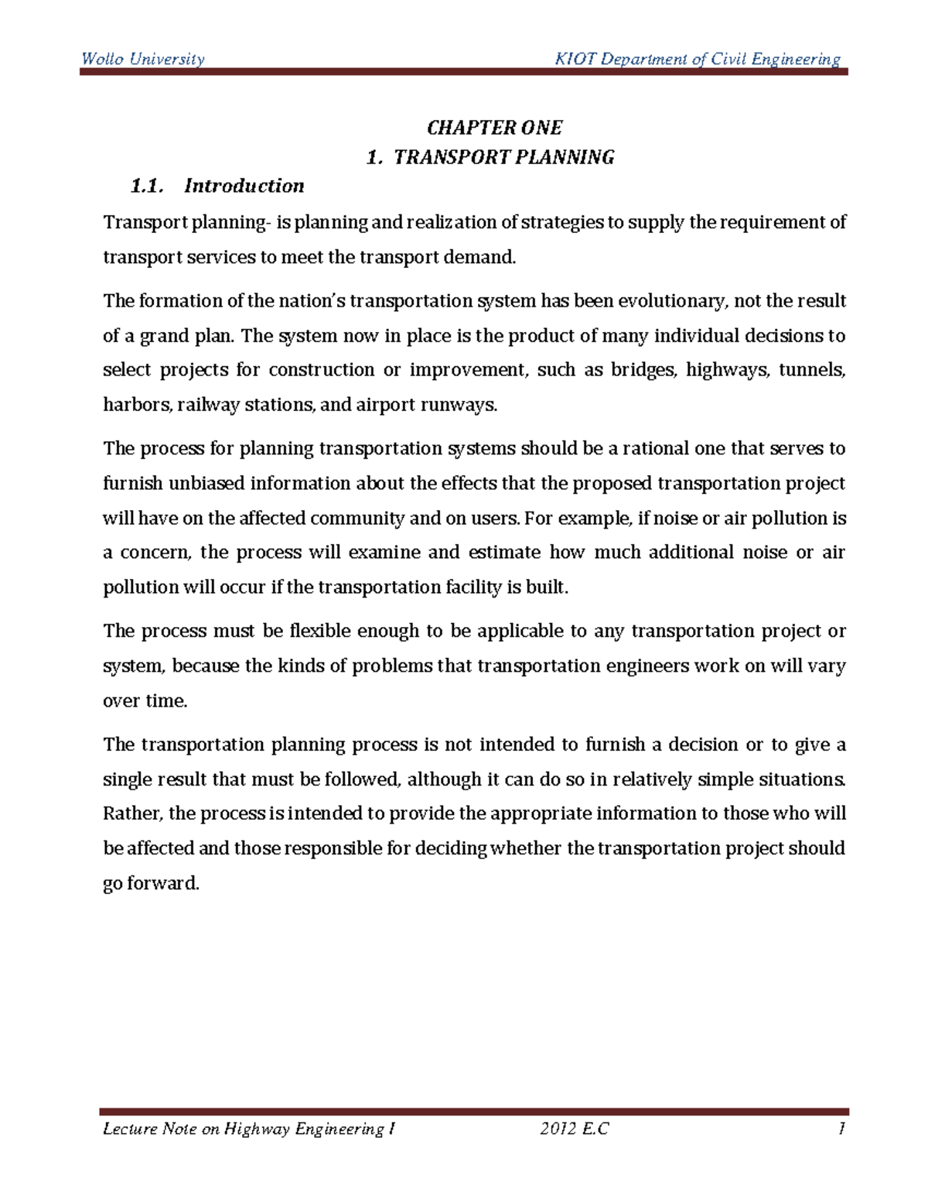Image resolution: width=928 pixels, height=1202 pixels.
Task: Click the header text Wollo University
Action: [x=143, y=60]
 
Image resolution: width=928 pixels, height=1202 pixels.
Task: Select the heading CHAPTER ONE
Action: [x=494, y=128]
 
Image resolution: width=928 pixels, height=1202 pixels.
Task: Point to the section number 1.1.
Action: [x=147, y=186]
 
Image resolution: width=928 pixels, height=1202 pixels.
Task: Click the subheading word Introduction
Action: [x=244, y=186]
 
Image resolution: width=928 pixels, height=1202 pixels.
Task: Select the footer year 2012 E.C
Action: [x=574, y=1129]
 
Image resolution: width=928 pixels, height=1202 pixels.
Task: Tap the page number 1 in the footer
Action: [x=841, y=1129]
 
